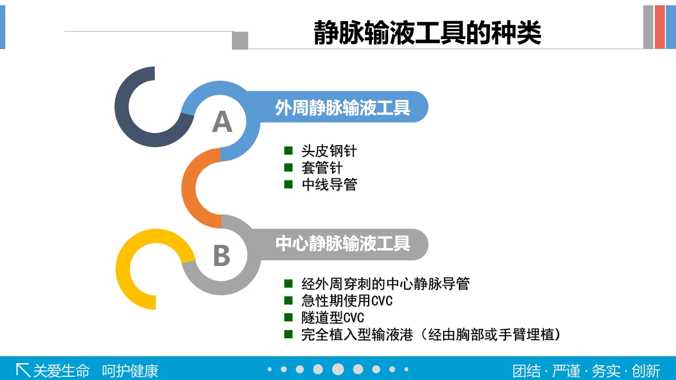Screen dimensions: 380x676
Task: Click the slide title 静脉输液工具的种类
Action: coord(427,33)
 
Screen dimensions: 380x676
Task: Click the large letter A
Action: coord(222,122)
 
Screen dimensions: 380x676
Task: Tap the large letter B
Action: coord(222,255)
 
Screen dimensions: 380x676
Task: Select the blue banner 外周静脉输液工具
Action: coord(342,108)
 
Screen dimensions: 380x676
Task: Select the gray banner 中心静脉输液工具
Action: coord(342,244)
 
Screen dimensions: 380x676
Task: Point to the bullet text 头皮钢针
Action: coord(329,151)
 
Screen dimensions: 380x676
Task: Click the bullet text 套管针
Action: coord(322,168)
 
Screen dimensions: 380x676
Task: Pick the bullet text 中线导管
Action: coord(329,185)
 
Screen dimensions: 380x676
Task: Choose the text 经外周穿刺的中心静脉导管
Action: coord(386,284)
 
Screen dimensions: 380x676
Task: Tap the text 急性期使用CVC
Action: coord(347,301)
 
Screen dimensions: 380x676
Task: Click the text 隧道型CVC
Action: coord(333,318)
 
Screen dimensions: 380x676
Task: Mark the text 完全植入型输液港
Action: coord(357,335)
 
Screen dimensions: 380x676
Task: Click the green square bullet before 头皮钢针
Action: coord(288,151)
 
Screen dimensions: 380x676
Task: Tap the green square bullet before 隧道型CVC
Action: coord(288,317)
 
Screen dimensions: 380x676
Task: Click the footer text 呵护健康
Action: coord(130,370)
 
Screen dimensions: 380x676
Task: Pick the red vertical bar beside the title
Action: coord(660,27)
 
